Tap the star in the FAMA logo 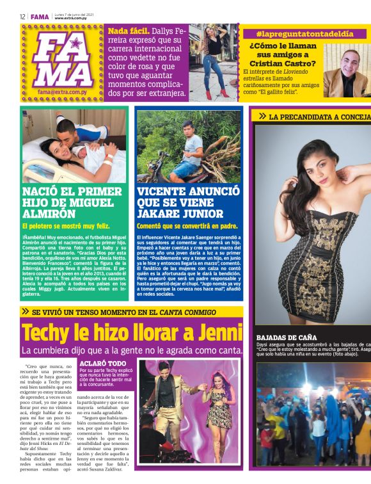point(76,44)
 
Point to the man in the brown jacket point(346,71)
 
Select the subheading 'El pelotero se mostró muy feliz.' point(66,226)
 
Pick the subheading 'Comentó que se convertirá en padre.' point(187,226)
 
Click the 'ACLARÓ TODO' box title point(102,364)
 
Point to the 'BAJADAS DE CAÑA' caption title point(287,337)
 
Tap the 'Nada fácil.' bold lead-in point(129,31)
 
